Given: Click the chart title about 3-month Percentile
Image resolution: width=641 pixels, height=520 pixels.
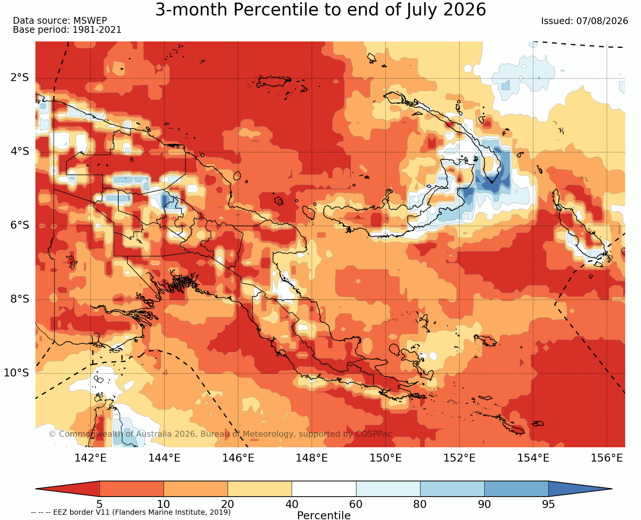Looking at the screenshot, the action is tap(320, 10).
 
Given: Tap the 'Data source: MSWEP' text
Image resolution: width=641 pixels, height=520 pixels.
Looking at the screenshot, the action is tap(60, 21).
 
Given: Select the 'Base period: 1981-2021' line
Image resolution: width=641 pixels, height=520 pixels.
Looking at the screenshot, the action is tap(67, 30).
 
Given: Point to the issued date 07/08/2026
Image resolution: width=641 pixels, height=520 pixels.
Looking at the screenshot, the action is tap(584, 21).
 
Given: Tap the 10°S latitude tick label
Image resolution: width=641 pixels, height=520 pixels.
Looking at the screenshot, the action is tap(17, 373).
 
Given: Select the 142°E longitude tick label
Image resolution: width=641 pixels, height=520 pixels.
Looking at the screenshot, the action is tap(91, 458).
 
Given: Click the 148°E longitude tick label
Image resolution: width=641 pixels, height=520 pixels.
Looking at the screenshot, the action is tap(312, 458).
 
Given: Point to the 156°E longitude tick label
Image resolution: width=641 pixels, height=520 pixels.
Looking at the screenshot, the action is tap(607, 458).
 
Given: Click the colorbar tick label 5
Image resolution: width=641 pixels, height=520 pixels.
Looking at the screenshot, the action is tap(99, 504).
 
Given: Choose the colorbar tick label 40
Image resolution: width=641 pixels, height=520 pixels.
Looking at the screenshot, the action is tap(292, 504).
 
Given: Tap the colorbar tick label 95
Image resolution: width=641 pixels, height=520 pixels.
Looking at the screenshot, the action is tap(548, 504).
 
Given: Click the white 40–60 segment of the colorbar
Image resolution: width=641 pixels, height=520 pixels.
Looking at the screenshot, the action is tap(324, 489).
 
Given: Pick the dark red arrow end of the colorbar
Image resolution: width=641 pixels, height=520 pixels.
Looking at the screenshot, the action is tap(67, 489).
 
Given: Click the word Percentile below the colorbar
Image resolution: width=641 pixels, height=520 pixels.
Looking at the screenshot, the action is tap(324, 515).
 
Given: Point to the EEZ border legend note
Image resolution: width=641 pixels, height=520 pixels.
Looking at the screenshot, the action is tap(131, 512).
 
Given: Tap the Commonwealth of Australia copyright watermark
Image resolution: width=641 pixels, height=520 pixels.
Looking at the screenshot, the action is tap(220, 434).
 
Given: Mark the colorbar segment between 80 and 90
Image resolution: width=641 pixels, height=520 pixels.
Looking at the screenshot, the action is tap(452, 489).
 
